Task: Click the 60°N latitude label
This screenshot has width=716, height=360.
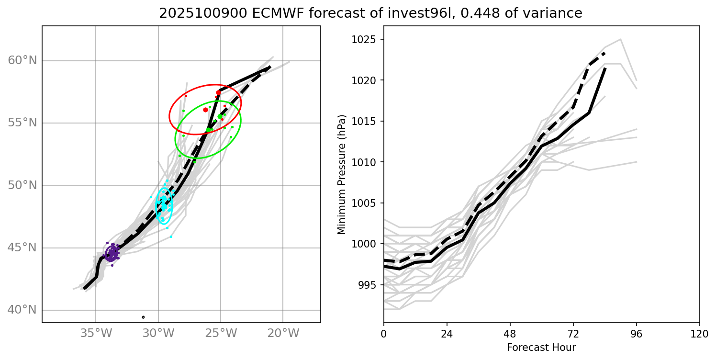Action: coord(22,61)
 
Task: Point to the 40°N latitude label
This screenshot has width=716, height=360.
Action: coord(22,310)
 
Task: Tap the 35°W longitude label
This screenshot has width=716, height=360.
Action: coord(96,333)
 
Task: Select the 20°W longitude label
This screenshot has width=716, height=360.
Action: coord(283,333)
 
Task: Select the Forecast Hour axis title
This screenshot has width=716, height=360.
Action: coord(541,347)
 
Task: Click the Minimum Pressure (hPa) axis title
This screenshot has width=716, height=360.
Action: coord(341,174)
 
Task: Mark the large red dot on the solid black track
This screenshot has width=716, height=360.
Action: coord(219,93)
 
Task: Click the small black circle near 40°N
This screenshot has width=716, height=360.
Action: coord(143,317)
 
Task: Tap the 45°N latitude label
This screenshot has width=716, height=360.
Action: coord(22,248)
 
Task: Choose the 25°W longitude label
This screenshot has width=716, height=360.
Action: coord(221,333)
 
